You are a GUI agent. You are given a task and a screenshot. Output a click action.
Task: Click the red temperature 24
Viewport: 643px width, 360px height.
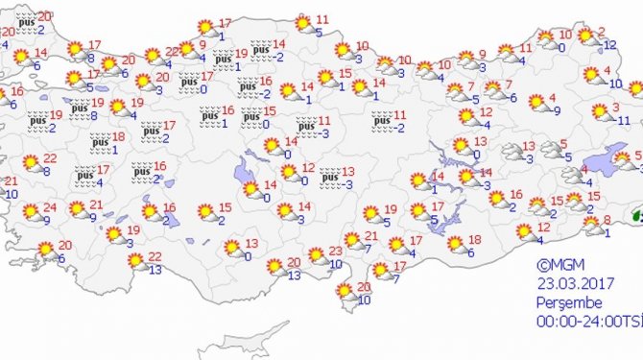(49, 207)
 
